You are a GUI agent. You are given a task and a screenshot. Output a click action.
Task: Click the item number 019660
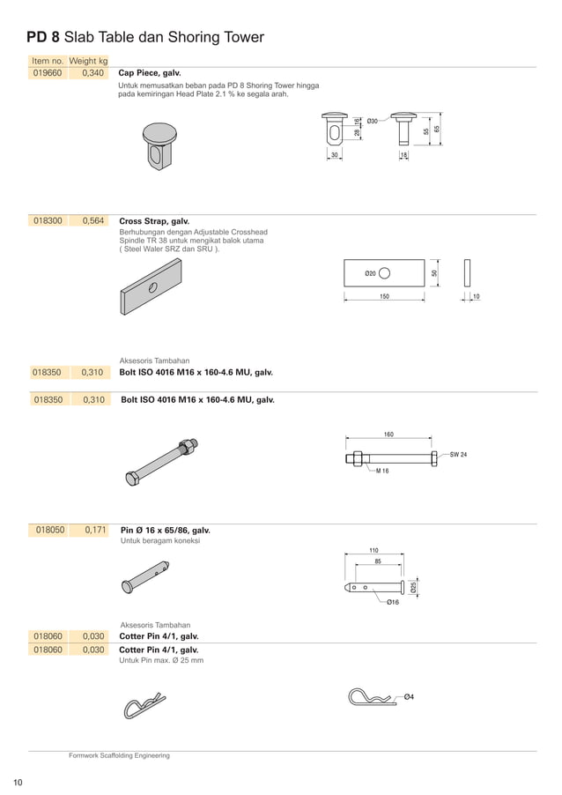click(x=48, y=74)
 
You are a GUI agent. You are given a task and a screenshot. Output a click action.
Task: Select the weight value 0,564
click(x=92, y=221)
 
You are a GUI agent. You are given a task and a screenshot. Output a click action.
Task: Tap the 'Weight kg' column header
click(x=88, y=61)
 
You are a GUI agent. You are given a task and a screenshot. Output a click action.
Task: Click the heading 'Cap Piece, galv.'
click(x=150, y=74)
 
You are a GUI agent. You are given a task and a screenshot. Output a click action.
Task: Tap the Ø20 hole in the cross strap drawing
click(x=385, y=273)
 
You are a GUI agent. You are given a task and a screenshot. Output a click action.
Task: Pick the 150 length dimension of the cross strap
click(x=384, y=298)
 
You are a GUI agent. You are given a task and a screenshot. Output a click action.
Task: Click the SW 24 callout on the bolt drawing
click(x=458, y=455)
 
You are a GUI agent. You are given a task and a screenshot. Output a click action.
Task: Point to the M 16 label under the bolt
click(x=381, y=472)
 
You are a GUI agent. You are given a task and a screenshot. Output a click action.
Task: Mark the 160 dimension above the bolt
click(x=388, y=435)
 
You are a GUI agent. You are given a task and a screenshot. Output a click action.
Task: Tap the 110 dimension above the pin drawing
click(x=373, y=550)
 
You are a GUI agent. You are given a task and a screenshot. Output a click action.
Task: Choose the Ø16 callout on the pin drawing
click(x=392, y=602)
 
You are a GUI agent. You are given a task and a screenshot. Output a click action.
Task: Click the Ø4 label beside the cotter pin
click(x=409, y=697)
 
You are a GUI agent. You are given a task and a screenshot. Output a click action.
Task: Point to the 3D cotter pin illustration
click(x=144, y=704)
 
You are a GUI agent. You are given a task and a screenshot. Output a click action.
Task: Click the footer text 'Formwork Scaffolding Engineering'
click(x=120, y=755)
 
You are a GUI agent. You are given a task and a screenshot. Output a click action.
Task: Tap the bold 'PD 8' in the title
click(x=43, y=38)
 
